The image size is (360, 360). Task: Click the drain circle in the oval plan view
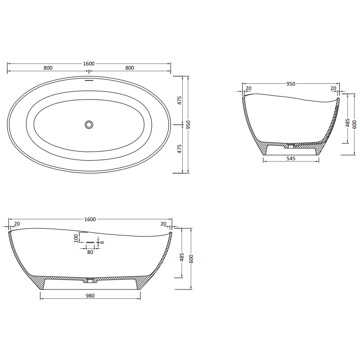pos(89,124)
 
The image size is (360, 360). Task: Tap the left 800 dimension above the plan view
pos(48,68)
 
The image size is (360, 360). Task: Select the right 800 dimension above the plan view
pos(130,68)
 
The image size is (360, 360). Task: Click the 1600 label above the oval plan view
pos(89,63)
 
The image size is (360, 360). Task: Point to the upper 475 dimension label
pos(179,100)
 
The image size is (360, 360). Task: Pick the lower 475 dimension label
pos(179,148)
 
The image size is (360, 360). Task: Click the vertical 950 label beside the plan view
pos(189,124)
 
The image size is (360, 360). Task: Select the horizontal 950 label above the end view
pos(291,84)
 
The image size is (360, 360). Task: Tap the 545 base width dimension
pos(291,159)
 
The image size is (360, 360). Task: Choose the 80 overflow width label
pos(90,252)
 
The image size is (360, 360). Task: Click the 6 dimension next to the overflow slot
pos(102,242)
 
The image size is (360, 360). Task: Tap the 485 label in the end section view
pos(347,123)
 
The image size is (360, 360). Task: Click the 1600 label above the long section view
pos(90,219)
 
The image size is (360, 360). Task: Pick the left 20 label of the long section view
pos(17,224)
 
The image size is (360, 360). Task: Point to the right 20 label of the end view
pos(333,88)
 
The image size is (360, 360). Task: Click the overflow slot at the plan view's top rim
pos(89,81)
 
